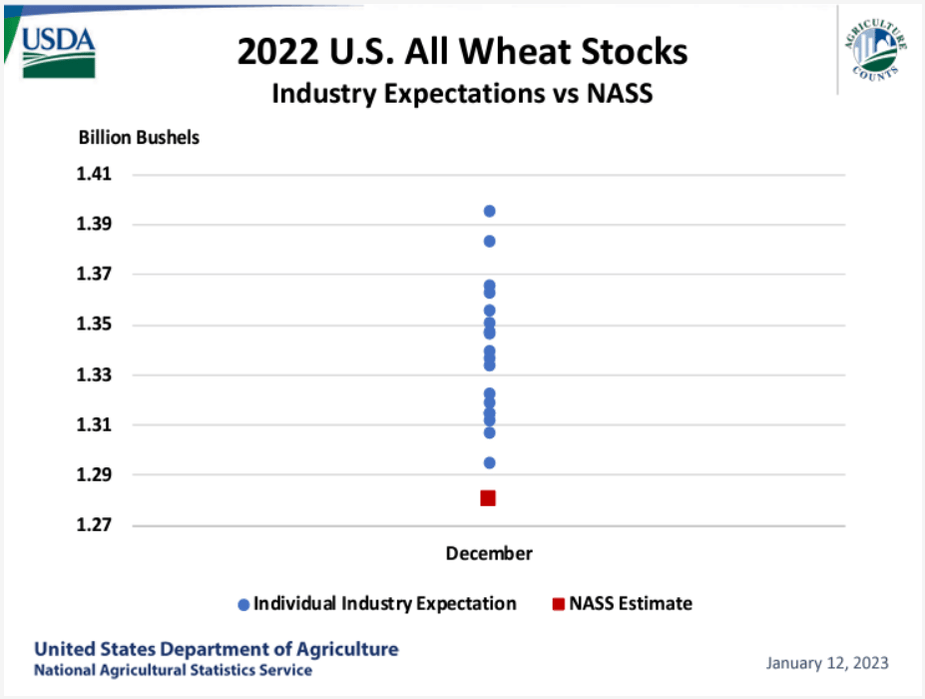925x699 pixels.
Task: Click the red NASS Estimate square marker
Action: (x=488, y=498)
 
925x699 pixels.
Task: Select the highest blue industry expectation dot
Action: (x=490, y=211)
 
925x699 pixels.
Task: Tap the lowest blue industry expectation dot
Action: (x=490, y=463)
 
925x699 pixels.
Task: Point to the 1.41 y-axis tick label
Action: (x=94, y=174)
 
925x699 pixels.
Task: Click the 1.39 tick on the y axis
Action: (x=94, y=224)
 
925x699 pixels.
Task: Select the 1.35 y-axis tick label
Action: (x=94, y=325)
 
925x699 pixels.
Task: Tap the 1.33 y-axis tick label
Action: (x=94, y=374)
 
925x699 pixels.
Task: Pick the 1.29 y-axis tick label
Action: (x=94, y=474)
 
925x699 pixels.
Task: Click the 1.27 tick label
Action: (x=94, y=525)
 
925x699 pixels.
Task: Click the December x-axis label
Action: (x=489, y=554)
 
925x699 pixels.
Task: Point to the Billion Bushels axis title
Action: (x=140, y=138)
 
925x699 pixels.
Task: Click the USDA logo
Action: (x=59, y=53)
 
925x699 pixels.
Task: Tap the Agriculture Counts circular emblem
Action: (x=875, y=50)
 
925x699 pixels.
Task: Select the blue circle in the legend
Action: (x=243, y=604)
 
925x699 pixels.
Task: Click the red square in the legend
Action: (x=558, y=604)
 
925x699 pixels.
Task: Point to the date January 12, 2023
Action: (x=827, y=664)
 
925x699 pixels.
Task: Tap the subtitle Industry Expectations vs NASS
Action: (x=463, y=94)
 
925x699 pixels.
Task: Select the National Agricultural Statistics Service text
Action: (x=173, y=671)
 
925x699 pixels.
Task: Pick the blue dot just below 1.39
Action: (x=490, y=241)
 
